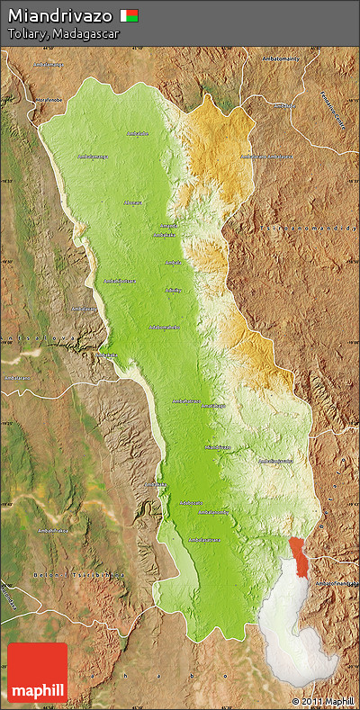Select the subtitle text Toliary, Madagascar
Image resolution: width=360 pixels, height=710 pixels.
(x=63, y=33)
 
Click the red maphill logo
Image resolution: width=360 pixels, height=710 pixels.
(x=37, y=672)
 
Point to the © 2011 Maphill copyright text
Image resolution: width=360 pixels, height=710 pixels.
(x=322, y=700)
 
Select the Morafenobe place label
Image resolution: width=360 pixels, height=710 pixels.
(x=49, y=100)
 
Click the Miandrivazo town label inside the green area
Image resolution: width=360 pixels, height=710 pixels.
(x=218, y=446)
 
